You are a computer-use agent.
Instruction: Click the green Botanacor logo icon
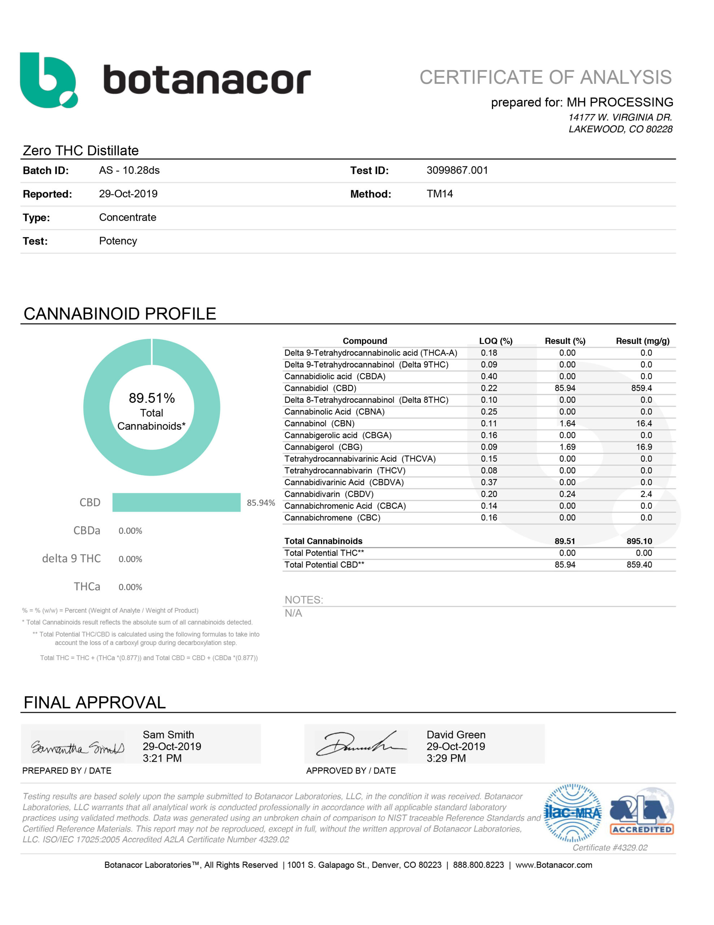pos(48,80)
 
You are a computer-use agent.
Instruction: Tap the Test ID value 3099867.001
pos(457,170)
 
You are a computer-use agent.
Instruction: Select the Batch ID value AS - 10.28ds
pos(129,170)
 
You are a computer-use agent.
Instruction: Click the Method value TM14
pos(439,194)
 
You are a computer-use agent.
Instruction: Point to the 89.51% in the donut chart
pos(152,398)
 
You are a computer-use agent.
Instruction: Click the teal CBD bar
pos(176,502)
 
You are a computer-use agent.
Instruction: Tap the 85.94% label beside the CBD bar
pos(261,503)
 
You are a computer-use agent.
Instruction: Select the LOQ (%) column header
pos(495,341)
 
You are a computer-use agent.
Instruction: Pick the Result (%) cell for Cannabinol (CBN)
pos(567,423)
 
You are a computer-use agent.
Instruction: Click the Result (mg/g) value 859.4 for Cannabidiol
pos(641,388)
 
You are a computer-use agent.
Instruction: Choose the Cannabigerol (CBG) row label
pos(323,447)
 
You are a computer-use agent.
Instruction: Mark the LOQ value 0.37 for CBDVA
pos(489,482)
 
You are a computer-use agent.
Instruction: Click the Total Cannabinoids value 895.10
pos(639,541)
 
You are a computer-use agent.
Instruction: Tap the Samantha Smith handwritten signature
pos(78,748)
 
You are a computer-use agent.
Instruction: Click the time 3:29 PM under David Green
pos(446,758)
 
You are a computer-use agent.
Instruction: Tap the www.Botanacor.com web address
pos(554,865)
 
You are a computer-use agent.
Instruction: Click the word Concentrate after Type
pos(127,217)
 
